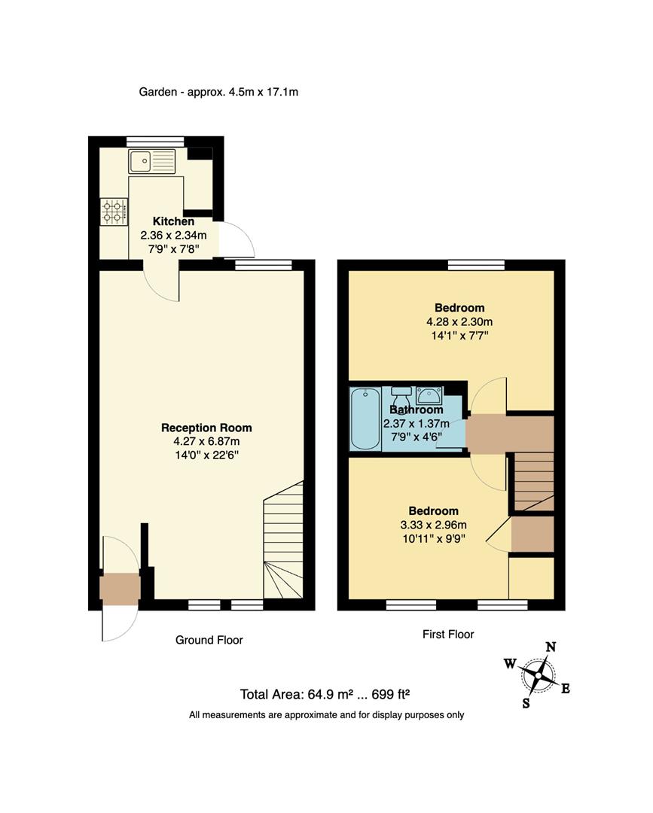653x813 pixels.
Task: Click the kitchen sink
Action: click(151, 161)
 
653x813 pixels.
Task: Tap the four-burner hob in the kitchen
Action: click(114, 211)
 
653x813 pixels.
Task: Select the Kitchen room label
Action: click(174, 221)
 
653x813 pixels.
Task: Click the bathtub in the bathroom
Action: click(365, 419)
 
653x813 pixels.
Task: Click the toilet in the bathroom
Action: click(402, 397)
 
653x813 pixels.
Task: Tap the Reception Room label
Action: click(206, 428)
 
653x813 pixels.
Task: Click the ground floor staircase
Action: click(283, 540)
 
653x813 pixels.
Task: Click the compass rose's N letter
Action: click(551, 647)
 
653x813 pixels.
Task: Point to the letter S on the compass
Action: click(526, 703)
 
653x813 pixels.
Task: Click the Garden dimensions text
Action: click(219, 92)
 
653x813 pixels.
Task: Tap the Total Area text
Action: click(325, 694)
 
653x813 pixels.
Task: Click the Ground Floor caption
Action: click(209, 640)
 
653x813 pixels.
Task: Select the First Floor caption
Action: click(448, 634)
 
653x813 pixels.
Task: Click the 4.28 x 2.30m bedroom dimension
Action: click(459, 321)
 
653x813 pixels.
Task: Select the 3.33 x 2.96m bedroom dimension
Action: click(433, 525)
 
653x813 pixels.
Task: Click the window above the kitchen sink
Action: click(155, 140)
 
